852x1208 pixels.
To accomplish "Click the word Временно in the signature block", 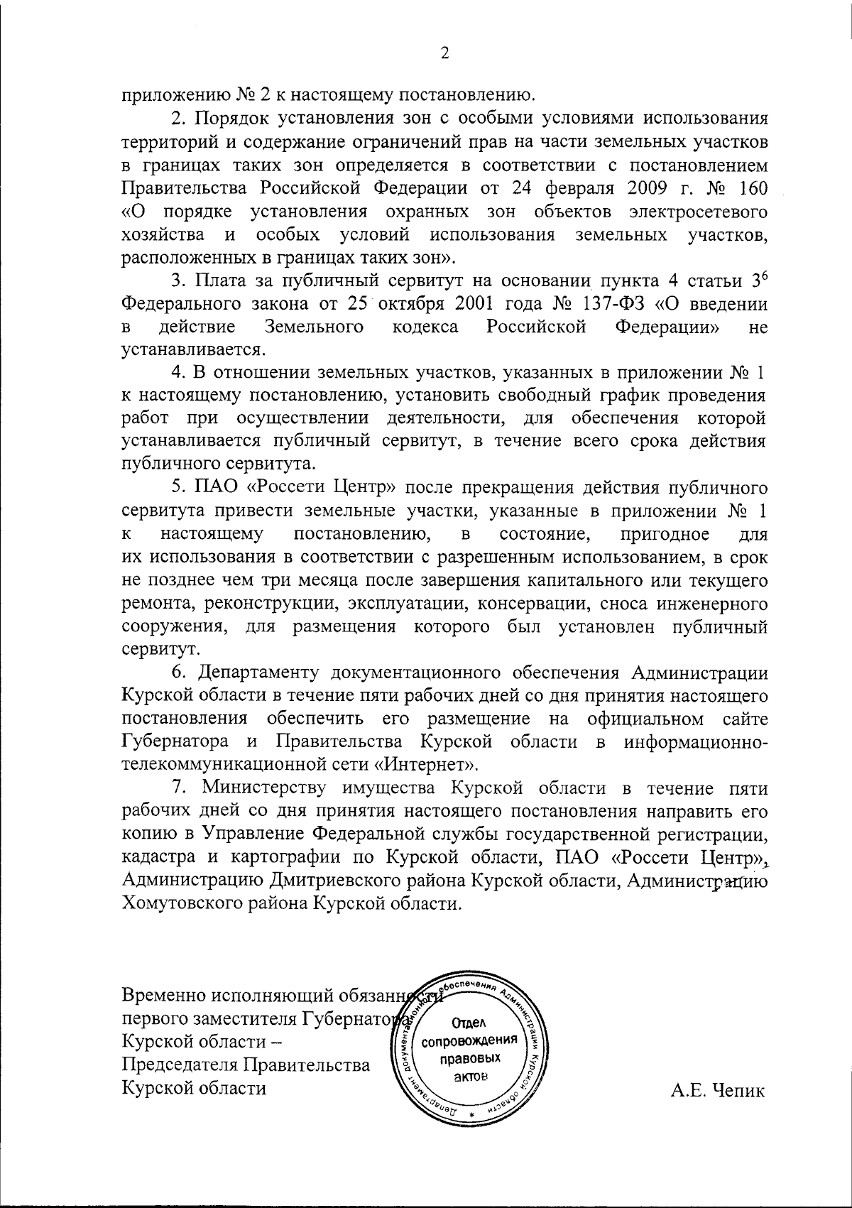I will pos(165,996).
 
